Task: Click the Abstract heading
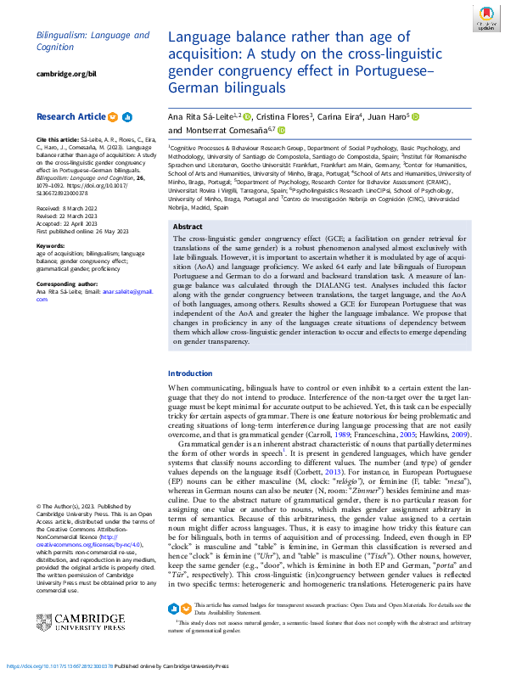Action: (x=187, y=227)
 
